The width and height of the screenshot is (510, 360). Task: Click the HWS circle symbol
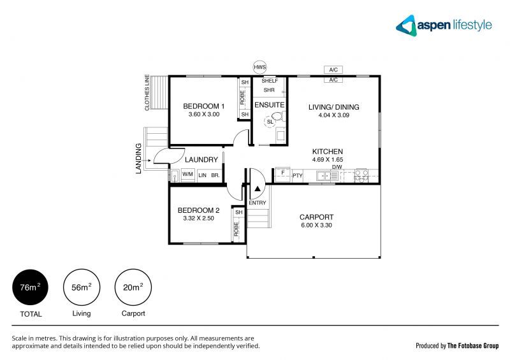point(259,67)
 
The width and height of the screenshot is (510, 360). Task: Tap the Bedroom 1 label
point(204,106)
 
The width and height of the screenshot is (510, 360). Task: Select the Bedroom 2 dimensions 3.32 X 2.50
point(199,219)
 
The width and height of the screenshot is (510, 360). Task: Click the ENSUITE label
point(269,104)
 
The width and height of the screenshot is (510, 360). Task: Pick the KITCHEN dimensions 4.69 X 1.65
point(328,160)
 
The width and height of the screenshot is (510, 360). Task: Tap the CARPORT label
point(316,217)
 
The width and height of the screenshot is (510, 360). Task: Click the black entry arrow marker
point(257,189)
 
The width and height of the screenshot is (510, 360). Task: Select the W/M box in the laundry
point(188,174)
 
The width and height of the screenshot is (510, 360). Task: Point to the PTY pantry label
point(297,175)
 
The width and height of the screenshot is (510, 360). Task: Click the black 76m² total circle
point(31,287)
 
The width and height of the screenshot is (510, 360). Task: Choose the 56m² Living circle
point(82,287)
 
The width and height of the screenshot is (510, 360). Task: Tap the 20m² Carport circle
point(133,287)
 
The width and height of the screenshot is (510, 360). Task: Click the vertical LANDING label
point(138,158)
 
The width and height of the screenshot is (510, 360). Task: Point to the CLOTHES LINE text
point(147,93)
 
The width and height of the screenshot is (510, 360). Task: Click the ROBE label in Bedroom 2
point(237,229)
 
